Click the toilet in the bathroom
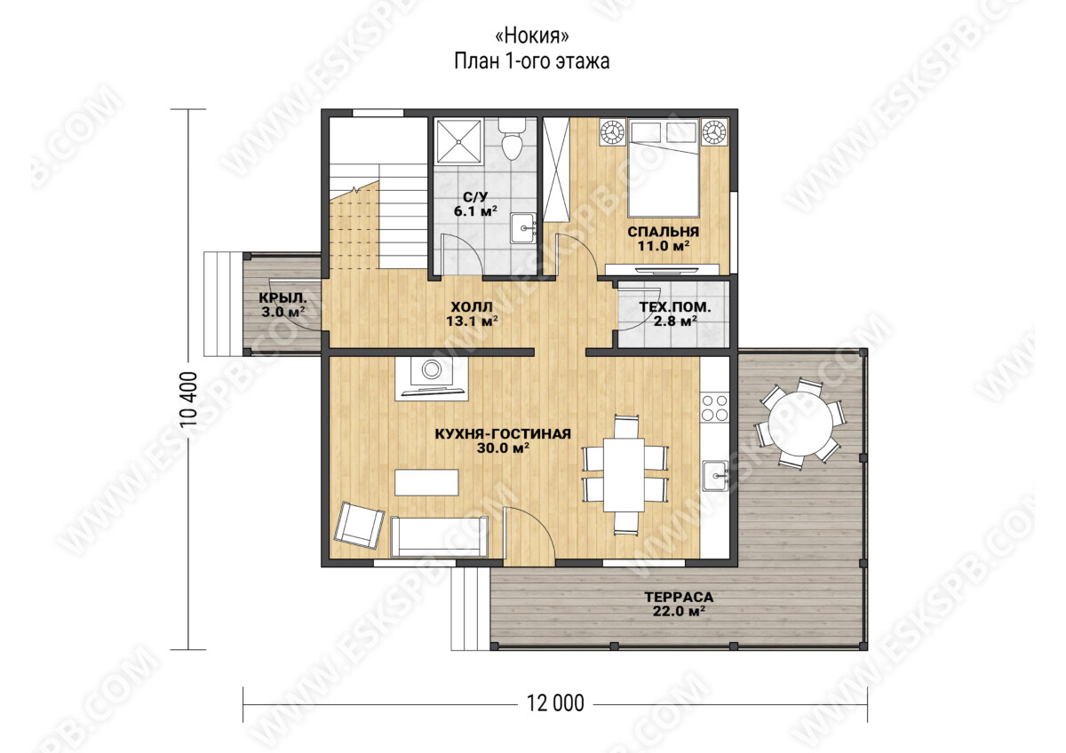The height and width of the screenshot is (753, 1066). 512,139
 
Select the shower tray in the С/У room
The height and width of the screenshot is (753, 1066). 459,141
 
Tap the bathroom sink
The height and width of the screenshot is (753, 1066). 523,228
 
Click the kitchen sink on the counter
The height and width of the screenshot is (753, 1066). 715,475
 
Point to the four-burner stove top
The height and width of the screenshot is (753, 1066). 715,408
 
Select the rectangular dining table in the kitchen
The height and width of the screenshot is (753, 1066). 624,475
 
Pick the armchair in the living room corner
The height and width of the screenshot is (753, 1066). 359,525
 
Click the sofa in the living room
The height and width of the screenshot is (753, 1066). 439,536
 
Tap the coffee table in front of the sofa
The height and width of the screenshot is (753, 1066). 426,482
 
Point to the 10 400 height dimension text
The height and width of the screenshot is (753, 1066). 189,405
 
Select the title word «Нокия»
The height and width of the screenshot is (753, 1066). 532,36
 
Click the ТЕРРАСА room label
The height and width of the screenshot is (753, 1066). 679,597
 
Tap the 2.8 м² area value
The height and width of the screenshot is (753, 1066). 675,321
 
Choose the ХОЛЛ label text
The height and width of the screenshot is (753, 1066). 472,306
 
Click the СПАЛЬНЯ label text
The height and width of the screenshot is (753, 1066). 664,232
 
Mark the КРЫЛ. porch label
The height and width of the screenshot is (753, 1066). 282,298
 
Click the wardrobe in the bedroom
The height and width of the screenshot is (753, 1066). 556,170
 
